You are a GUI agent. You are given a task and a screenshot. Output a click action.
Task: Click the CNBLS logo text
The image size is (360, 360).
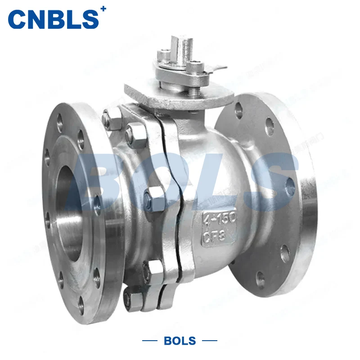(53, 19)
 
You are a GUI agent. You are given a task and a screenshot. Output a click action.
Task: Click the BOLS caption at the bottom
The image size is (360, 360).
(180, 340)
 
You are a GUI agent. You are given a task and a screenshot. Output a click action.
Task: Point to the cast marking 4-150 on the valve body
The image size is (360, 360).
(220, 218)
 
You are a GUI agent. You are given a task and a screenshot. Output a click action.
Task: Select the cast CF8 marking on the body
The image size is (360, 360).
(219, 234)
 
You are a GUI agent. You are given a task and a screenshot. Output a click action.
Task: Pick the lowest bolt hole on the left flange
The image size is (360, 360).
(81, 302)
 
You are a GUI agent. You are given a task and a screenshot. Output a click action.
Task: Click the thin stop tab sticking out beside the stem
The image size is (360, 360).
(215, 69)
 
